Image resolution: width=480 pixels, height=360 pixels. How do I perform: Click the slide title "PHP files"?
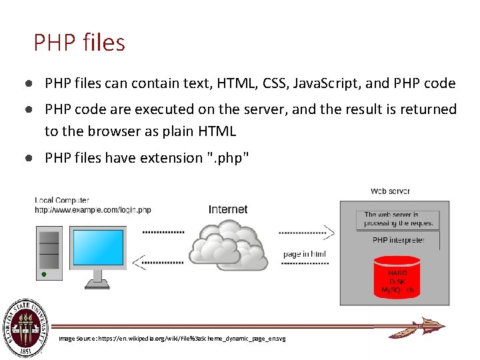coord(79,43)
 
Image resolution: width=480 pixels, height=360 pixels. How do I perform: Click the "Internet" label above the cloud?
coord(228,209)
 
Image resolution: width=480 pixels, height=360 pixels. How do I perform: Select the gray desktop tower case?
coord(48,254)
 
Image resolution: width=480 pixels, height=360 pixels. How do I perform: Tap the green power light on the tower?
coord(44,274)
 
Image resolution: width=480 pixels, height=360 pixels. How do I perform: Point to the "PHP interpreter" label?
coord(398,240)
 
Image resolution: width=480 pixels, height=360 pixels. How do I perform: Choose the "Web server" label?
coord(391,191)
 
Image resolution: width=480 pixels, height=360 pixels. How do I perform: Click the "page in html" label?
coord(305,254)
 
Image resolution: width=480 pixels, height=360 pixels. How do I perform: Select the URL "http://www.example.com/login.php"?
coord(93,210)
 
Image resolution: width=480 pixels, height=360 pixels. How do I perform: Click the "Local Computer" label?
coord(62,201)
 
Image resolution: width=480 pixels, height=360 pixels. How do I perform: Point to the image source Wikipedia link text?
coord(172,339)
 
